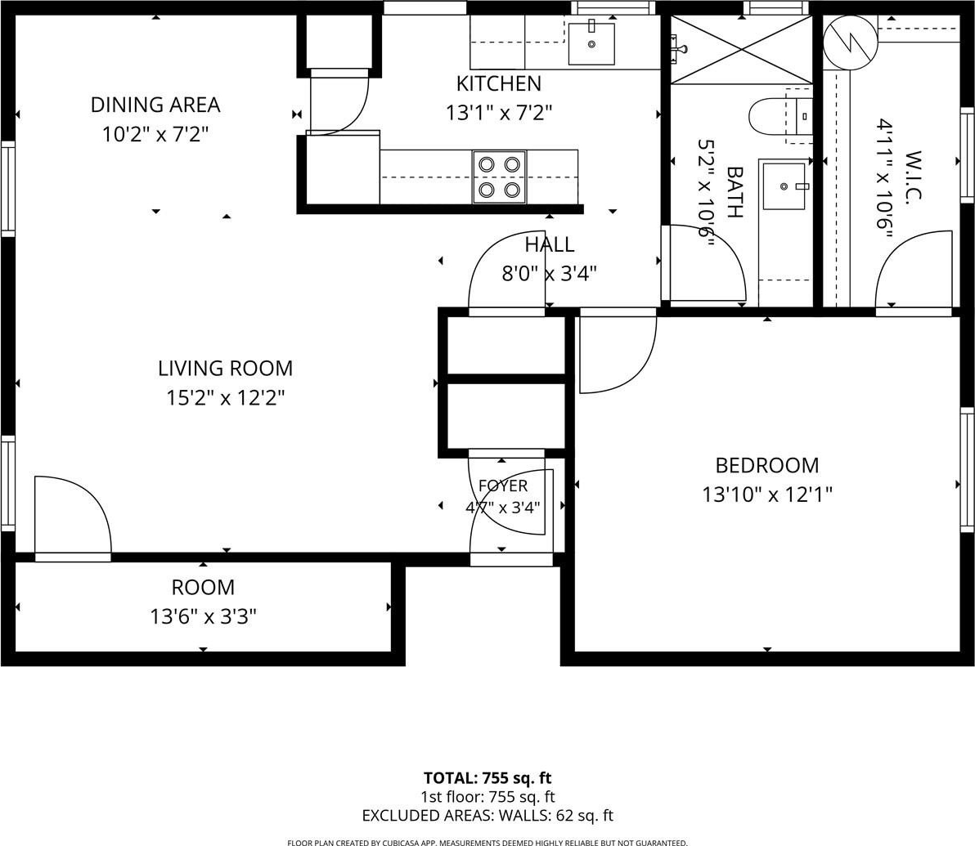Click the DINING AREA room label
tap(155, 105)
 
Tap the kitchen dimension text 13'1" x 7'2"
tap(499, 113)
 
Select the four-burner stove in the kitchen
tap(499, 177)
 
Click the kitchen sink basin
tap(591, 43)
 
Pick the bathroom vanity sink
tap(784, 186)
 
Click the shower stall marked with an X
tap(741, 49)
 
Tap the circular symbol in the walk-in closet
tap(849, 43)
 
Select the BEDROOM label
tap(766, 465)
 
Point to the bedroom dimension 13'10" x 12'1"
tap(766, 495)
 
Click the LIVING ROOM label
tap(225, 368)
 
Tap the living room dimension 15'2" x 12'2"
tap(225, 398)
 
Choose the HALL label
tap(549, 244)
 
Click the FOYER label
tap(503, 486)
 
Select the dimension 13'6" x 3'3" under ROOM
tap(204, 616)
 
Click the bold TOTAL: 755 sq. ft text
tap(487, 777)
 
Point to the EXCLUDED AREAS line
tap(487, 815)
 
